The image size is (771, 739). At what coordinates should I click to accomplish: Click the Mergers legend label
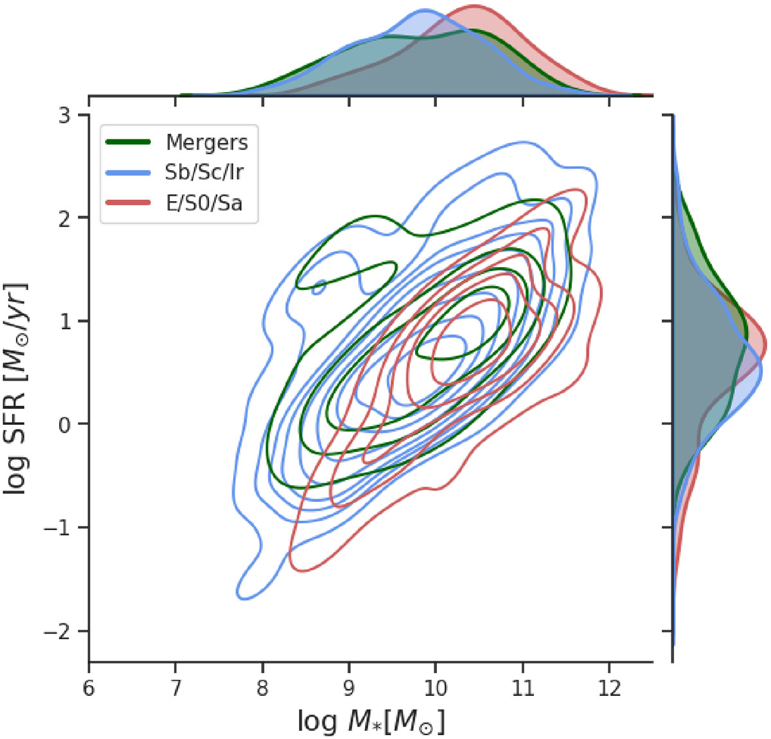[x=206, y=142]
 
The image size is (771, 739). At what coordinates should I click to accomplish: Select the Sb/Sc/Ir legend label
[x=204, y=172]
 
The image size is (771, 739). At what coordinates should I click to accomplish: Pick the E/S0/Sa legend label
[x=204, y=203]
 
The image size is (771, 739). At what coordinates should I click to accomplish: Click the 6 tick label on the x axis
[x=89, y=688]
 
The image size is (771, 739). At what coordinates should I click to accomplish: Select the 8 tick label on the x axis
[x=262, y=688]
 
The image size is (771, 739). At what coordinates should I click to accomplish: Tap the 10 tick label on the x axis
[x=436, y=688]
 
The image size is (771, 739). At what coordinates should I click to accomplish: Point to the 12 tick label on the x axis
[x=608, y=688]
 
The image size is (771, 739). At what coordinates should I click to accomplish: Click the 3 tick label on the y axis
[x=66, y=115]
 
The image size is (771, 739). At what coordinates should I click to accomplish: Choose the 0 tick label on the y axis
[x=66, y=425]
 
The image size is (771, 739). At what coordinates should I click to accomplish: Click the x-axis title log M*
[x=371, y=722]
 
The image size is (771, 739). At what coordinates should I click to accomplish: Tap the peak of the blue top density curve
[x=424, y=11]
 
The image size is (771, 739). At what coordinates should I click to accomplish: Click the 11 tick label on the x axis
[x=522, y=688]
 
